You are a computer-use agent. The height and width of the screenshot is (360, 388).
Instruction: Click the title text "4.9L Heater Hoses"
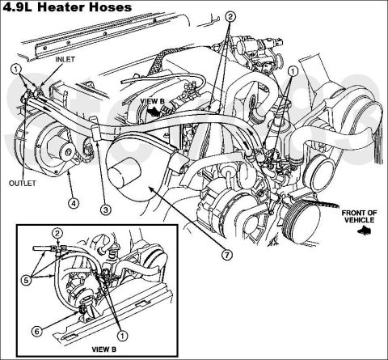(x=67, y=7)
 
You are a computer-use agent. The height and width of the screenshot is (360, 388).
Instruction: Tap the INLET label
(x=65, y=59)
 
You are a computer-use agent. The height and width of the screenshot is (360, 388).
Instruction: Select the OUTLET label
(x=23, y=184)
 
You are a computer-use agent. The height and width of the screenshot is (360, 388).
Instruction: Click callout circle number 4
(x=74, y=203)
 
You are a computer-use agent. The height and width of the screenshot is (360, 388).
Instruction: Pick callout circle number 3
(x=105, y=210)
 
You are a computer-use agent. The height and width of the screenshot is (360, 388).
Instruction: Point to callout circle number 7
(x=227, y=254)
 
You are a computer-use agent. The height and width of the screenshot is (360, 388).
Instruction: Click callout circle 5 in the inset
(x=26, y=281)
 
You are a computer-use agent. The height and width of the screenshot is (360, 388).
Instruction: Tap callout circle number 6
(x=37, y=331)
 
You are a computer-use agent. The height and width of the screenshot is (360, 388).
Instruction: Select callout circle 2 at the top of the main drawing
(x=230, y=17)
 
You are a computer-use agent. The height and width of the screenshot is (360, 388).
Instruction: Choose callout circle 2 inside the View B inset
(x=57, y=234)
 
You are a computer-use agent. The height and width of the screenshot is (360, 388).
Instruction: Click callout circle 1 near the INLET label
(x=16, y=70)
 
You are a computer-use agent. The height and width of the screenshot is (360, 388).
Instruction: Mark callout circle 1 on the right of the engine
(x=293, y=71)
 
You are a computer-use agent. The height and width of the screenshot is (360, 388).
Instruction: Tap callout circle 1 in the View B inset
(x=122, y=336)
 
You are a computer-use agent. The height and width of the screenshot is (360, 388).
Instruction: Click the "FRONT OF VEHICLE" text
(x=359, y=217)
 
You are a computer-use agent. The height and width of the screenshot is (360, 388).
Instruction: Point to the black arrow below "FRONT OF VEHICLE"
(x=364, y=231)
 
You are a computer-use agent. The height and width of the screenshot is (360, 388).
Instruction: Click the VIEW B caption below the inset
(x=104, y=349)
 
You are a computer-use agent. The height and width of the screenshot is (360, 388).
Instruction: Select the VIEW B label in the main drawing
(x=152, y=101)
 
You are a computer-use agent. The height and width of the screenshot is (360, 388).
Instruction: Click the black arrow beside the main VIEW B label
(x=154, y=111)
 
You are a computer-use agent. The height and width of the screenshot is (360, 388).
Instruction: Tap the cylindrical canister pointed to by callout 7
(x=124, y=172)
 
